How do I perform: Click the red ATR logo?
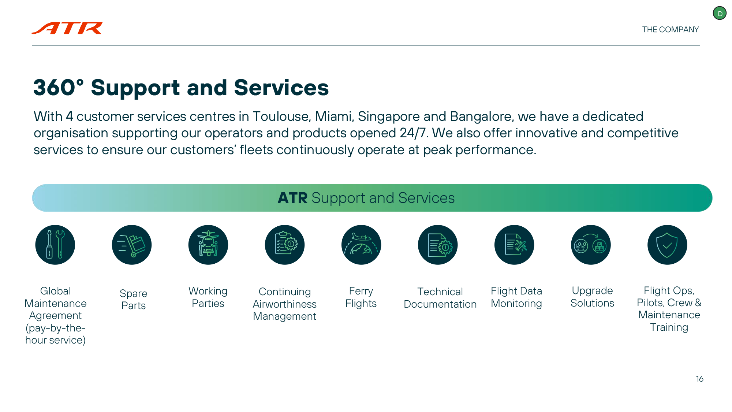coord(67,28)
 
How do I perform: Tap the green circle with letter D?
coord(720,14)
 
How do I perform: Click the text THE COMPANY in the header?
coord(670,30)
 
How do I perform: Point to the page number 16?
coord(699,379)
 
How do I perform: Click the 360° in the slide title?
coord(59,88)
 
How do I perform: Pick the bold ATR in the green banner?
coord(292,198)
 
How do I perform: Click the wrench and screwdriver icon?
coord(55,245)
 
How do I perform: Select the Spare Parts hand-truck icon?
coord(132,245)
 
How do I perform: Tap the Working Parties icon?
coord(208,245)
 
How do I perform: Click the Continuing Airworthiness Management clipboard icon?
coord(285,245)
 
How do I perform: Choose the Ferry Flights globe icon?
coord(361,245)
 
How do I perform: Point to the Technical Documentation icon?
coord(438,245)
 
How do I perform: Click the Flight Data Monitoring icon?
coord(514,245)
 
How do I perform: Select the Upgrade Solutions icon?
coord(591,245)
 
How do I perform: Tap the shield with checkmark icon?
coord(667,245)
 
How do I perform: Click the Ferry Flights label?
coord(361,297)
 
